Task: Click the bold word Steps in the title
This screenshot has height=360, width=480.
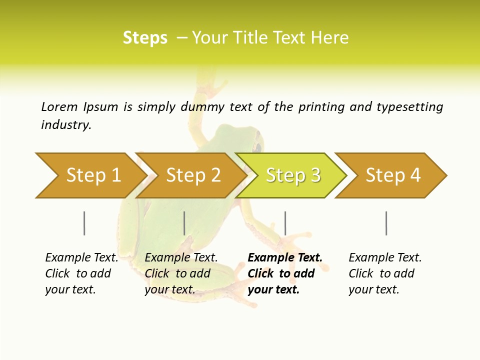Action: [x=145, y=38]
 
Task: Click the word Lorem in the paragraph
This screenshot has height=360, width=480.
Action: [x=59, y=107]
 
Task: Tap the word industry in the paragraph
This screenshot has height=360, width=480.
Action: [x=66, y=125]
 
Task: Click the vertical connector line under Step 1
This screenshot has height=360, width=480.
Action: [x=84, y=223]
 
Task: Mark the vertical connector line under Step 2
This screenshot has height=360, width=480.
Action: [x=184, y=223]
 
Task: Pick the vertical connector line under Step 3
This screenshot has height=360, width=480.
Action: [x=285, y=223]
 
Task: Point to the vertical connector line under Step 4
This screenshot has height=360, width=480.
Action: [x=386, y=223]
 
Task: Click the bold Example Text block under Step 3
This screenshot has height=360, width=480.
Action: [x=284, y=273]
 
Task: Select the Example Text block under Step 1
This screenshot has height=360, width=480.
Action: [x=81, y=273]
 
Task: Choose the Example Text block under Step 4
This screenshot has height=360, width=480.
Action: [x=385, y=273]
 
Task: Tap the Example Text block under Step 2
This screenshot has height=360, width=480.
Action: [x=181, y=273]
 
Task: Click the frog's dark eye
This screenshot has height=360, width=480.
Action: [x=258, y=147]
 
